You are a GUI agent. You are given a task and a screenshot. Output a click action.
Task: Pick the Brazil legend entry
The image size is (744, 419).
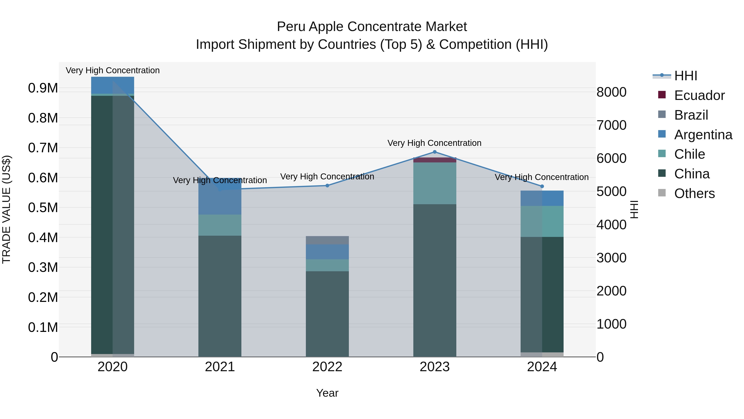coord(691,115)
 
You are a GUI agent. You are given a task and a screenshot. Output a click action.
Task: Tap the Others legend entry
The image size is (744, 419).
coord(694,193)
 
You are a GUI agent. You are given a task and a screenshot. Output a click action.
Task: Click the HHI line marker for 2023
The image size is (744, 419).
coord(435,152)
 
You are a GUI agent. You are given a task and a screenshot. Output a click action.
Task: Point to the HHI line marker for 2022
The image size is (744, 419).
coord(327,185)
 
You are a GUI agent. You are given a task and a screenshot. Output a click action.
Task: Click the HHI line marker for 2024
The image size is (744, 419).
coord(542,186)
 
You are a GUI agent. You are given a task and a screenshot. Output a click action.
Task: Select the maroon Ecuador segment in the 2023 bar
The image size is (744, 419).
coord(435,160)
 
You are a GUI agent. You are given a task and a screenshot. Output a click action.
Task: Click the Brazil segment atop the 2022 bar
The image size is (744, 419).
coord(327,240)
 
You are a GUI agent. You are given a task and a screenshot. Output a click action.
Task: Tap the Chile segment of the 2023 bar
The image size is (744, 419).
coord(435,183)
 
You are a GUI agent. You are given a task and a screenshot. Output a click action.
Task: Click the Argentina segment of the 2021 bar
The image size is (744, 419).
coord(220,199)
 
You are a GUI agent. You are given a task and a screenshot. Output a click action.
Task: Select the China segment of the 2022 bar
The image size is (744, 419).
coord(327,314)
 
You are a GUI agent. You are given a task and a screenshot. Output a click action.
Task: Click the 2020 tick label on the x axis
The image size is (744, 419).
coord(113,367)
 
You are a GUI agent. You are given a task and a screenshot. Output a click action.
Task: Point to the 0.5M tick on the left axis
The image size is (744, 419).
coord(43,208)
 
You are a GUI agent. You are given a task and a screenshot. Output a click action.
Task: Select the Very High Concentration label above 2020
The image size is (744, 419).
coord(113,70)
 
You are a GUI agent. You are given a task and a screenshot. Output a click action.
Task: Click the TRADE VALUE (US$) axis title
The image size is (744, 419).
coord(6,209)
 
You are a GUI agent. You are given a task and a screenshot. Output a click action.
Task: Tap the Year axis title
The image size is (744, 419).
coord(327,393)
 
